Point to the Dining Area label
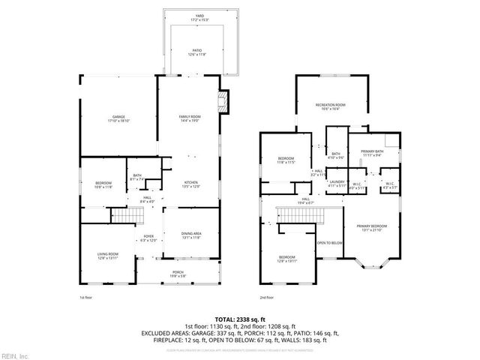191,235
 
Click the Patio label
196,52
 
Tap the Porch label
178,273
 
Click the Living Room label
107,256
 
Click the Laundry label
335,183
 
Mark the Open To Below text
330,243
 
